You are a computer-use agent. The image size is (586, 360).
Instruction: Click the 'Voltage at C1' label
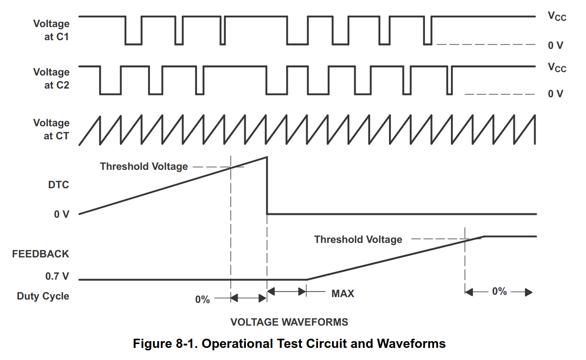tap(51, 30)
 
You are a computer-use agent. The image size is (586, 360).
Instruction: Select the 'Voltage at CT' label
tap(51, 129)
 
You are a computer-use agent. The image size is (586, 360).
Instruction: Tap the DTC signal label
tap(59, 185)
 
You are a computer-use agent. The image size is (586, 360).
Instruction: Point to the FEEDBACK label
tap(41, 254)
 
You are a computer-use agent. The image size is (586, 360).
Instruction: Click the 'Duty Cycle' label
tap(43, 296)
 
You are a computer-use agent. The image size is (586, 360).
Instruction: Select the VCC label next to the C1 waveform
tap(556, 16)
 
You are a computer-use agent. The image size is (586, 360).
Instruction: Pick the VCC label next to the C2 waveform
tap(556, 67)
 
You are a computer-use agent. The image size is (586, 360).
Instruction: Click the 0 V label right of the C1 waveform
tap(556, 45)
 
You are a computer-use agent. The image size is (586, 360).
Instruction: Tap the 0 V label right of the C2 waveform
tap(556, 94)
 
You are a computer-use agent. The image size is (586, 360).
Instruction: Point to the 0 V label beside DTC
tap(61, 214)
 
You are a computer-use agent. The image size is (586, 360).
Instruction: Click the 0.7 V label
tap(57, 276)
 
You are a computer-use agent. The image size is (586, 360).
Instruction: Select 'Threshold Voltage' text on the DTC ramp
tap(144, 166)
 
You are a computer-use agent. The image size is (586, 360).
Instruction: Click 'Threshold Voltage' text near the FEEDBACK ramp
tap(358, 239)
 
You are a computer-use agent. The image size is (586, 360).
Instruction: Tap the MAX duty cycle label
tap(343, 293)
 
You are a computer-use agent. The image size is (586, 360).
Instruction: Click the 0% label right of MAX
tap(499, 291)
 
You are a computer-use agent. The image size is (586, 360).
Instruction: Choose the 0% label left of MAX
tap(202, 300)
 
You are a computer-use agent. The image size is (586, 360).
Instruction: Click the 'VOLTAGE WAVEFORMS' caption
tap(289, 322)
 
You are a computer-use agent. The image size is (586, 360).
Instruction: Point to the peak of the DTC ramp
tap(267, 157)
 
